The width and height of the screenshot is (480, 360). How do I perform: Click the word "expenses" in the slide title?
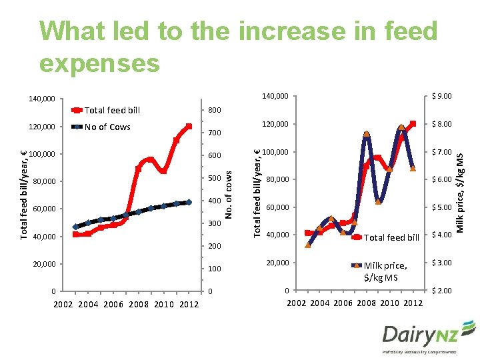coord(99,63)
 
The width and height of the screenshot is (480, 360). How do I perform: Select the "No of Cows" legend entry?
coord(107,127)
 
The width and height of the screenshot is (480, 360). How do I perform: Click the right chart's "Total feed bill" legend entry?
coord(391,237)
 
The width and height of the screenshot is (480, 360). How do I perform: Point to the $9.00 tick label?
coord(442,97)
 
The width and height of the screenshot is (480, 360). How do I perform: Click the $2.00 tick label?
coord(442,291)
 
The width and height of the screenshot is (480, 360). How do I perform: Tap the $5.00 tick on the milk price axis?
coord(442,207)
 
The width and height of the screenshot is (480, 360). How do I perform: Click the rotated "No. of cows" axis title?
coord(228,194)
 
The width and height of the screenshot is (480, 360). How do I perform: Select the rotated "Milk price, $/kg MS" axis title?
coord(459,193)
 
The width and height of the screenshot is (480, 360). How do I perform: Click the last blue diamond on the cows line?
coord(189,202)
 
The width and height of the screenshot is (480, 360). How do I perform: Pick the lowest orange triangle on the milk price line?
coord(308,245)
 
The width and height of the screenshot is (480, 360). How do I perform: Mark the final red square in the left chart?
coord(189,127)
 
